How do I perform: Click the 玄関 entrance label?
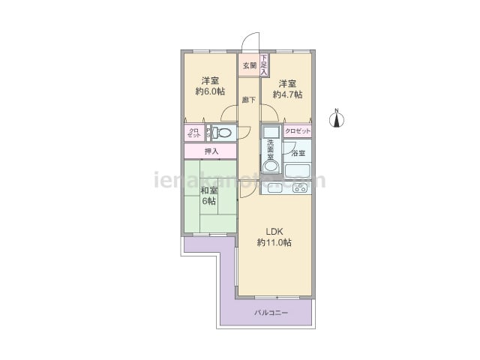[249, 66]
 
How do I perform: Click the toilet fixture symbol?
[222, 133]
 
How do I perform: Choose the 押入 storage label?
[211, 151]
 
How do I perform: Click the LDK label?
[274, 230]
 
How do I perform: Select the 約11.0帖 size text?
[274, 242]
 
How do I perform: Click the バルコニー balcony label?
[271, 311]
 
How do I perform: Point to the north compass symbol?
[337, 118]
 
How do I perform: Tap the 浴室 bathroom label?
[298, 153]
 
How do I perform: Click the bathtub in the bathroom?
[298, 170]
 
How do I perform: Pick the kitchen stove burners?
[300, 187]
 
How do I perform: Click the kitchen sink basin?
[274, 188]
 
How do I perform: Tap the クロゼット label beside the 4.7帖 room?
[297, 130]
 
